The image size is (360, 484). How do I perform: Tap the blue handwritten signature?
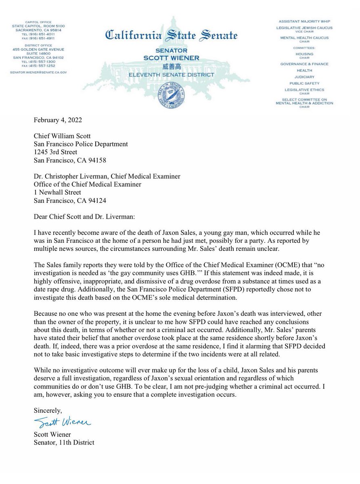tap(63, 422)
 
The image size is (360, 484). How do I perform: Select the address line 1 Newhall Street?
tap(57, 192)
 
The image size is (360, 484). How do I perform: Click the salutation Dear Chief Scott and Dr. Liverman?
tap(84, 217)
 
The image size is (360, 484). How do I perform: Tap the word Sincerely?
tap(48, 411)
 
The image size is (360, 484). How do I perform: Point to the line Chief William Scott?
tap(62, 136)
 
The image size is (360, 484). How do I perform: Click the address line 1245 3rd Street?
tap(55, 152)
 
